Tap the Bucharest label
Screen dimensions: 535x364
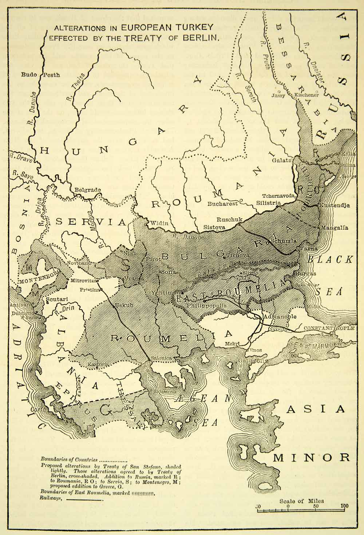pos(223,204)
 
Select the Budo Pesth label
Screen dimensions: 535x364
pos(40,75)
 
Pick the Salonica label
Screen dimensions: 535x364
pos(161,358)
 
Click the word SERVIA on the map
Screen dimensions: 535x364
pos(91,222)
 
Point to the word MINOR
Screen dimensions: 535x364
pos(312,457)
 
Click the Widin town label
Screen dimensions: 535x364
pos(159,223)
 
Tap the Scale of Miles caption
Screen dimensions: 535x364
pos(301,501)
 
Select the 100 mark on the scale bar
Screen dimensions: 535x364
pos(343,506)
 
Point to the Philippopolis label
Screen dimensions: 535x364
pos(205,306)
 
